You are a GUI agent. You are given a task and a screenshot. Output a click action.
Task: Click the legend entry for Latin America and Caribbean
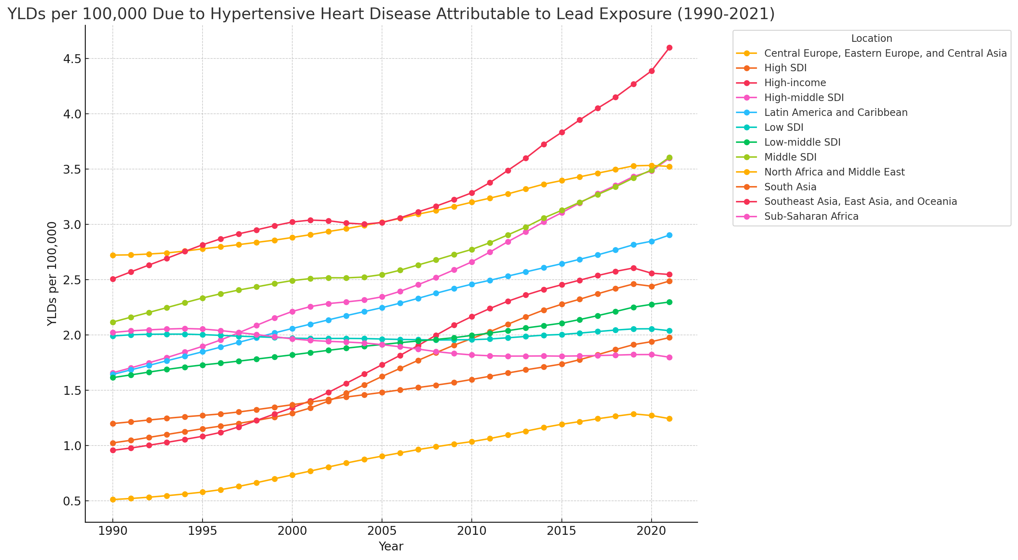tap(835, 113)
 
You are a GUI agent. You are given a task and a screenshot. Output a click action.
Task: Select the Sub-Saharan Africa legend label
tap(811, 217)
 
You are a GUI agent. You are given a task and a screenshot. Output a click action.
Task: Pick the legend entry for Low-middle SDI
tap(802, 142)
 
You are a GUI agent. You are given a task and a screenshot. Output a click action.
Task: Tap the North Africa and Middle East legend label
tap(834, 172)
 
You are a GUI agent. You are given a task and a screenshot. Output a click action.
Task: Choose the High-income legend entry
tap(795, 83)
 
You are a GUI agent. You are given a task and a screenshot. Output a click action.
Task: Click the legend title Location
tap(872, 39)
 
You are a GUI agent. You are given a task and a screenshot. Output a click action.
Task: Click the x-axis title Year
tap(391, 547)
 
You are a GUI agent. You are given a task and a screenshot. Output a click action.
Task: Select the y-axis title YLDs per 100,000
tap(52, 274)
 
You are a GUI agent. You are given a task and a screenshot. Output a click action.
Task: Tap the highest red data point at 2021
tap(669, 48)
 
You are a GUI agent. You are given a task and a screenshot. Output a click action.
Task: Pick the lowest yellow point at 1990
tap(113, 500)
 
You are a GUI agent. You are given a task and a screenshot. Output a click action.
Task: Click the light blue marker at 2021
tap(669, 235)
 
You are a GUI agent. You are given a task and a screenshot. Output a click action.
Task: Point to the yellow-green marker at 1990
tap(113, 323)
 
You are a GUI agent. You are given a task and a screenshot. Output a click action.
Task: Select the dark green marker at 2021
tap(669, 302)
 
